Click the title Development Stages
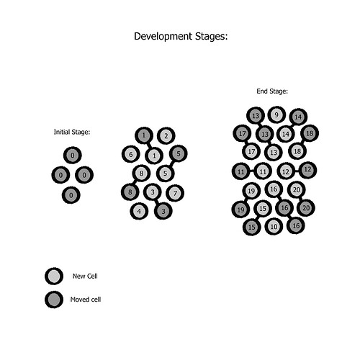click(181, 37)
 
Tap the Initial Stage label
click(72, 132)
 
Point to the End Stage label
click(272, 91)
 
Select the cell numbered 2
click(166, 136)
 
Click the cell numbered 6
click(131, 154)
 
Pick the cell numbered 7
click(175, 193)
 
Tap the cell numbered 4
click(139, 211)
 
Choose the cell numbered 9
click(276, 115)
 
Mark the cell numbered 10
click(274, 226)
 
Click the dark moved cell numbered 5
click(179, 153)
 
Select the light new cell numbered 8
click(141, 173)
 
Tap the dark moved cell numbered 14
click(298, 117)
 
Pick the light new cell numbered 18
click(297, 151)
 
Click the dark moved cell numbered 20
click(306, 208)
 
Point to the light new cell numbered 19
click(251, 191)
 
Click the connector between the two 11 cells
click(252, 171)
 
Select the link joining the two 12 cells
click(297, 171)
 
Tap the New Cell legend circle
click(54, 276)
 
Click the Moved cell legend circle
click(54, 300)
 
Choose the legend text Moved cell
click(86, 300)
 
